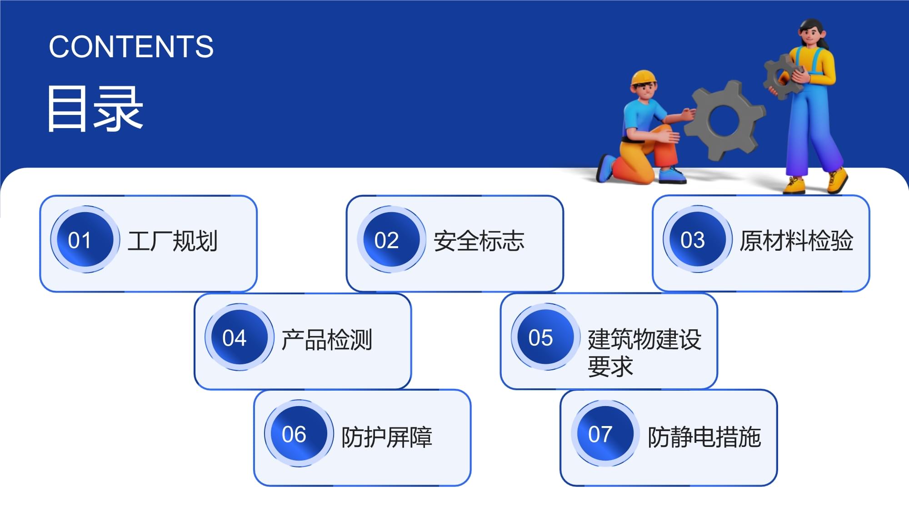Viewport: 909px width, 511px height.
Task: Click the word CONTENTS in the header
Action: point(131,47)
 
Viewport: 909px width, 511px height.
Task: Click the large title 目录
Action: point(95,109)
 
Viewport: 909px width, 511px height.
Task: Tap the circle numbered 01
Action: point(85,240)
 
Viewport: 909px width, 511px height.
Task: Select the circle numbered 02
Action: point(391,240)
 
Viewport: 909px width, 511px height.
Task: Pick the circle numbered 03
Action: point(697,239)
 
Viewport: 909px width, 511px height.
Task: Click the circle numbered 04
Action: point(239,337)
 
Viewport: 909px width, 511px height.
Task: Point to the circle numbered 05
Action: point(545,337)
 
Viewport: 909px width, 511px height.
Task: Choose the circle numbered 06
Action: point(299,434)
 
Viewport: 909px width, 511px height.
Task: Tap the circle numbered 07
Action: point(605,434)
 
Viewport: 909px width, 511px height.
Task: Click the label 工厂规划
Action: point(173,241)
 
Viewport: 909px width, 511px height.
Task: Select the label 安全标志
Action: point(479,241)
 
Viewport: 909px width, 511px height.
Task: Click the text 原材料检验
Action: point(796,241)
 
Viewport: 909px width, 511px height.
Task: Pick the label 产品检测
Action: point(327,339)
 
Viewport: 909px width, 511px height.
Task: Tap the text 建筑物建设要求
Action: point(644,352)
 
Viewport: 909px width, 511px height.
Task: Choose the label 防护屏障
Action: point(387,437)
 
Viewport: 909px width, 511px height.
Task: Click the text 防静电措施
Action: point(704,437)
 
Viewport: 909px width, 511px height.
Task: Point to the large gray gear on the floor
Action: point(724,120)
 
